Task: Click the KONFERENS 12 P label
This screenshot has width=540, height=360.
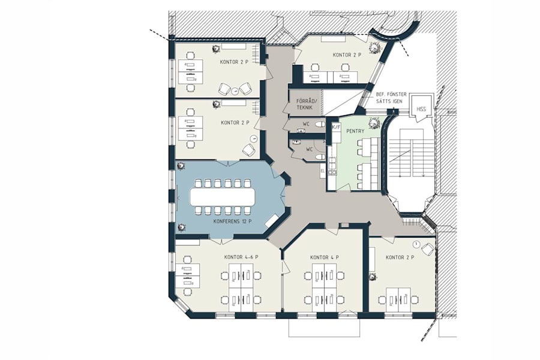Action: (x=232, y=221)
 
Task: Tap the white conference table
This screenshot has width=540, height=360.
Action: (x=223, y=196)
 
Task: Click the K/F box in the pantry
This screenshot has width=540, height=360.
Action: (x=336, y=127)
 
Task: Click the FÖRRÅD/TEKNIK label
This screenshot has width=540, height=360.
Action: (x=305, y=103)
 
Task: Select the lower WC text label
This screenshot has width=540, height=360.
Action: (x=310, y=148)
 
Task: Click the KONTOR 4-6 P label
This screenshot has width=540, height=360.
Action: (x=241, y=257)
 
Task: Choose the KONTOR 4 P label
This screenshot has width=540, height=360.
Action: (x=325, y=257)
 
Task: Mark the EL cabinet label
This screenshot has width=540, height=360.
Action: (x=322, y=171)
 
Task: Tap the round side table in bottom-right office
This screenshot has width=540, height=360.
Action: (x=416, y=243)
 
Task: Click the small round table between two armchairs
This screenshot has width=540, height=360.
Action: (x=235, y=91)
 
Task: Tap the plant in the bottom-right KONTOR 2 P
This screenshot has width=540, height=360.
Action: (x=373, y=276)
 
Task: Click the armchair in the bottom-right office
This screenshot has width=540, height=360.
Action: (x=427, y=249)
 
